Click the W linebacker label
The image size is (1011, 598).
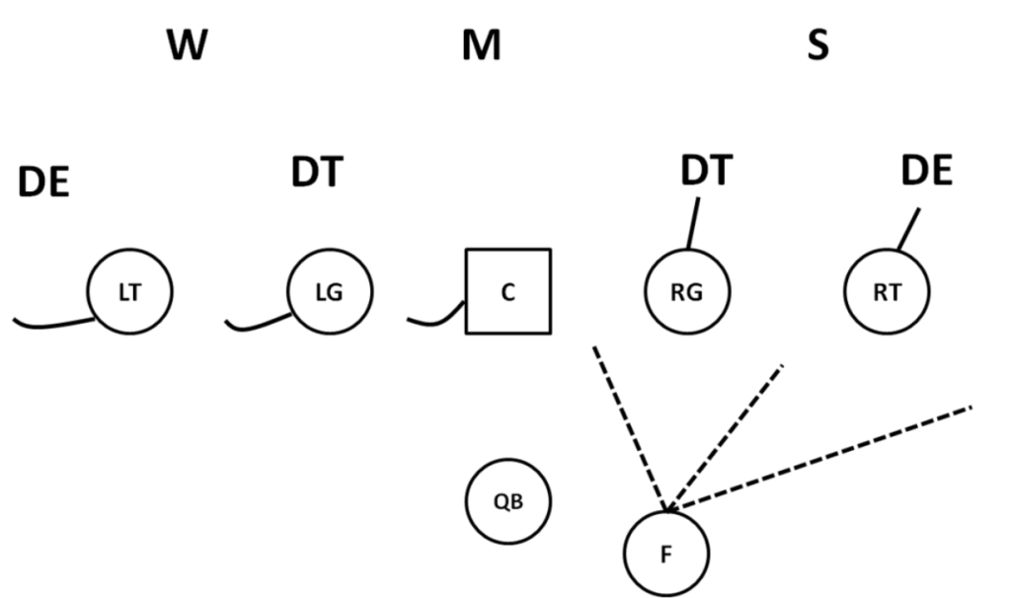(x=187, y=45)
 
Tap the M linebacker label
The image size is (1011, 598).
(x=481, y=45)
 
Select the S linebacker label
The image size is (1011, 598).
(x=817, y=45)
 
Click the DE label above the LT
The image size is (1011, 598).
(x=43, y=183)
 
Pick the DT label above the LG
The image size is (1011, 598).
(x=316, y=173)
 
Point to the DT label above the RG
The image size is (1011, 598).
(x=706, y=172)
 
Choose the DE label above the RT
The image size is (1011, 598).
(x=926, y=172)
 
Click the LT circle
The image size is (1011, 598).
(x=129, y=292)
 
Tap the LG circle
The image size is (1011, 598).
(x=330, y=292)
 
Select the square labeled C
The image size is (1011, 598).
(x=507, y=292)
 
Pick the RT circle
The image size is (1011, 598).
(x=887, y=292)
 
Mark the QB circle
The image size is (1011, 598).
(x=507, y=501)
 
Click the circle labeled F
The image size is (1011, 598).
(x=665, y=553)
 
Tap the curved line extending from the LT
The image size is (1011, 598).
(x=49, y=325)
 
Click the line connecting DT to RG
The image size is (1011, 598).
(x=693, y=223)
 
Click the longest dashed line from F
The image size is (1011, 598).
(x=819, y=458)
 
